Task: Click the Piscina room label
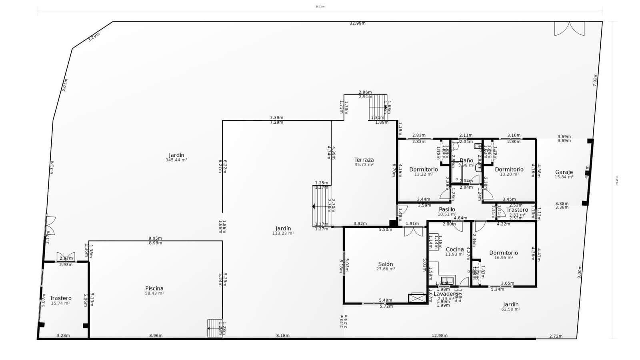(154, 288)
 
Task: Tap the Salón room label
(386, 264)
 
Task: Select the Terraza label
(364, 160)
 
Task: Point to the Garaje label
(564, 172)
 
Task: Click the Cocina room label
(455, 249)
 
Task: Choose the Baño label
(466, 160)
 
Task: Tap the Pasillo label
(447, 209)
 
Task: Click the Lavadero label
(446, 294)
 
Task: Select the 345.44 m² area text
(176, 160)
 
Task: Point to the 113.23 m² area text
(283, 233)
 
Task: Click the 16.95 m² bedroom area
(503, 258)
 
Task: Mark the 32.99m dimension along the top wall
(357, 23)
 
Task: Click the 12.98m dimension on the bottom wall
(439, 336)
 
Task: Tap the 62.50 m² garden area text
(511, 309)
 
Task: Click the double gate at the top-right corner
(569, 28)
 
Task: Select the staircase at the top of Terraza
(378, 107)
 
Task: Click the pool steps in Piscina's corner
(215, 328)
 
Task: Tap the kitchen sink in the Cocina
(447, 280)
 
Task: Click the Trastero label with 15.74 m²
(60, 298)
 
